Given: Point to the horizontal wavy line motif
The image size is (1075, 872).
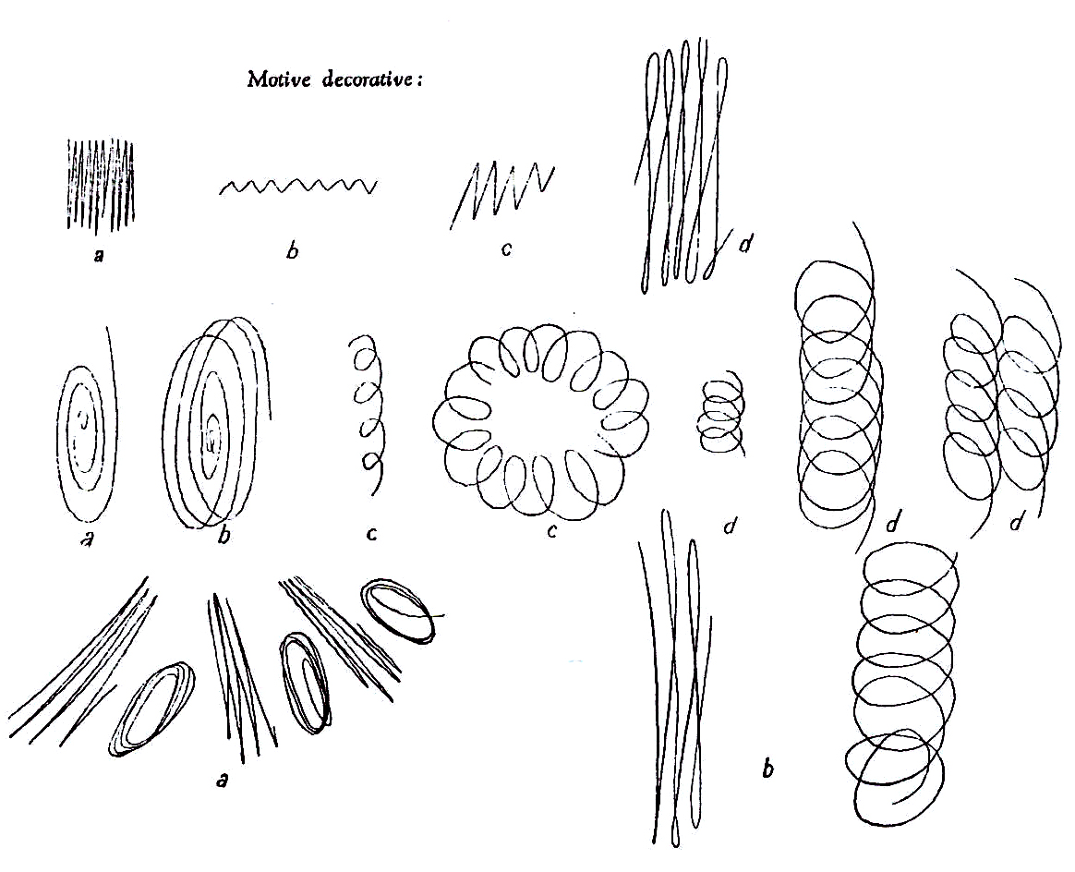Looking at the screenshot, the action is point(297,186).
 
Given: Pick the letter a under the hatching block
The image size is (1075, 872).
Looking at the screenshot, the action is point(99,257).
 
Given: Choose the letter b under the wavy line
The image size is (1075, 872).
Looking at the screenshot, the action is point(293,251).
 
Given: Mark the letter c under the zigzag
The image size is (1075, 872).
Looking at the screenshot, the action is point(506,248).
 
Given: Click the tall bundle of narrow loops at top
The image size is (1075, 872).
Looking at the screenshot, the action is point(682,164).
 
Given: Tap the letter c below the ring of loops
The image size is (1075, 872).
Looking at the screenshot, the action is point(552,530).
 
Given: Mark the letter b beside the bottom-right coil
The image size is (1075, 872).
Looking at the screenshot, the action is point(767,769).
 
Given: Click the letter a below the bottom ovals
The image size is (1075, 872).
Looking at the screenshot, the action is point(222,779).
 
